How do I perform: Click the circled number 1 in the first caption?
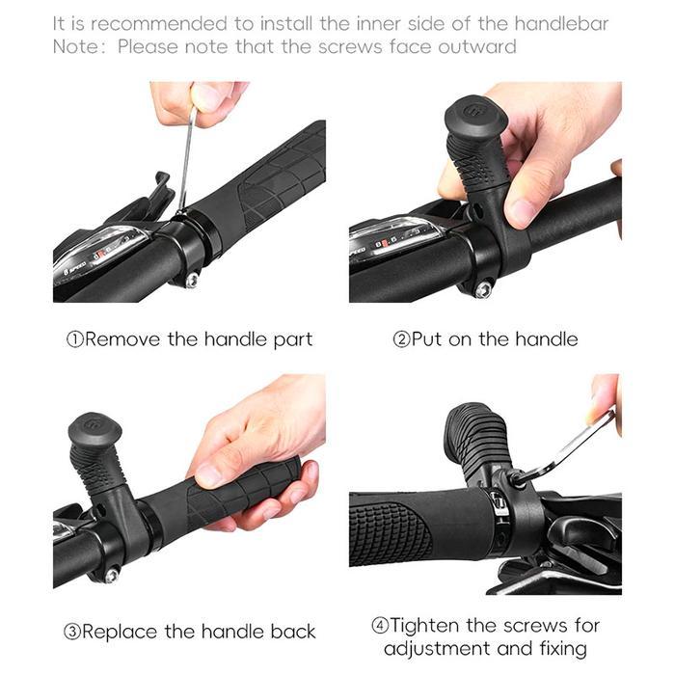pyautogui.click(x=75, y=339)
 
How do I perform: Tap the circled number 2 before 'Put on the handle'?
pyautogui.click(x=401, y=339)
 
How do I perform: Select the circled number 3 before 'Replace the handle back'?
pyautogui.click(x=72, y=632)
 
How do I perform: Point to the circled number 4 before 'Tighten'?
pyautogui.click(x=380, y=625)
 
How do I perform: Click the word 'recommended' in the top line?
pyautogui.click(x=158, y=24)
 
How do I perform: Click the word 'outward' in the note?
pyautogui.click(x=477, y=46)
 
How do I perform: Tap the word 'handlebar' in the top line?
pyautogui.click(x=561, y=24)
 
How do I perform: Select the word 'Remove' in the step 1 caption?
pyautogui.click(x=122, y=339)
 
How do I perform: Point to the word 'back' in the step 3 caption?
pyautogui.click(x=293, y=632)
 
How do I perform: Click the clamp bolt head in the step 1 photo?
pyautogui.click(x=191, y=281)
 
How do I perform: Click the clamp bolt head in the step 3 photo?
pyautogui.click(x=112, y=575)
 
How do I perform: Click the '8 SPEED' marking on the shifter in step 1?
pyautogui.click(x=75, y=268)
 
